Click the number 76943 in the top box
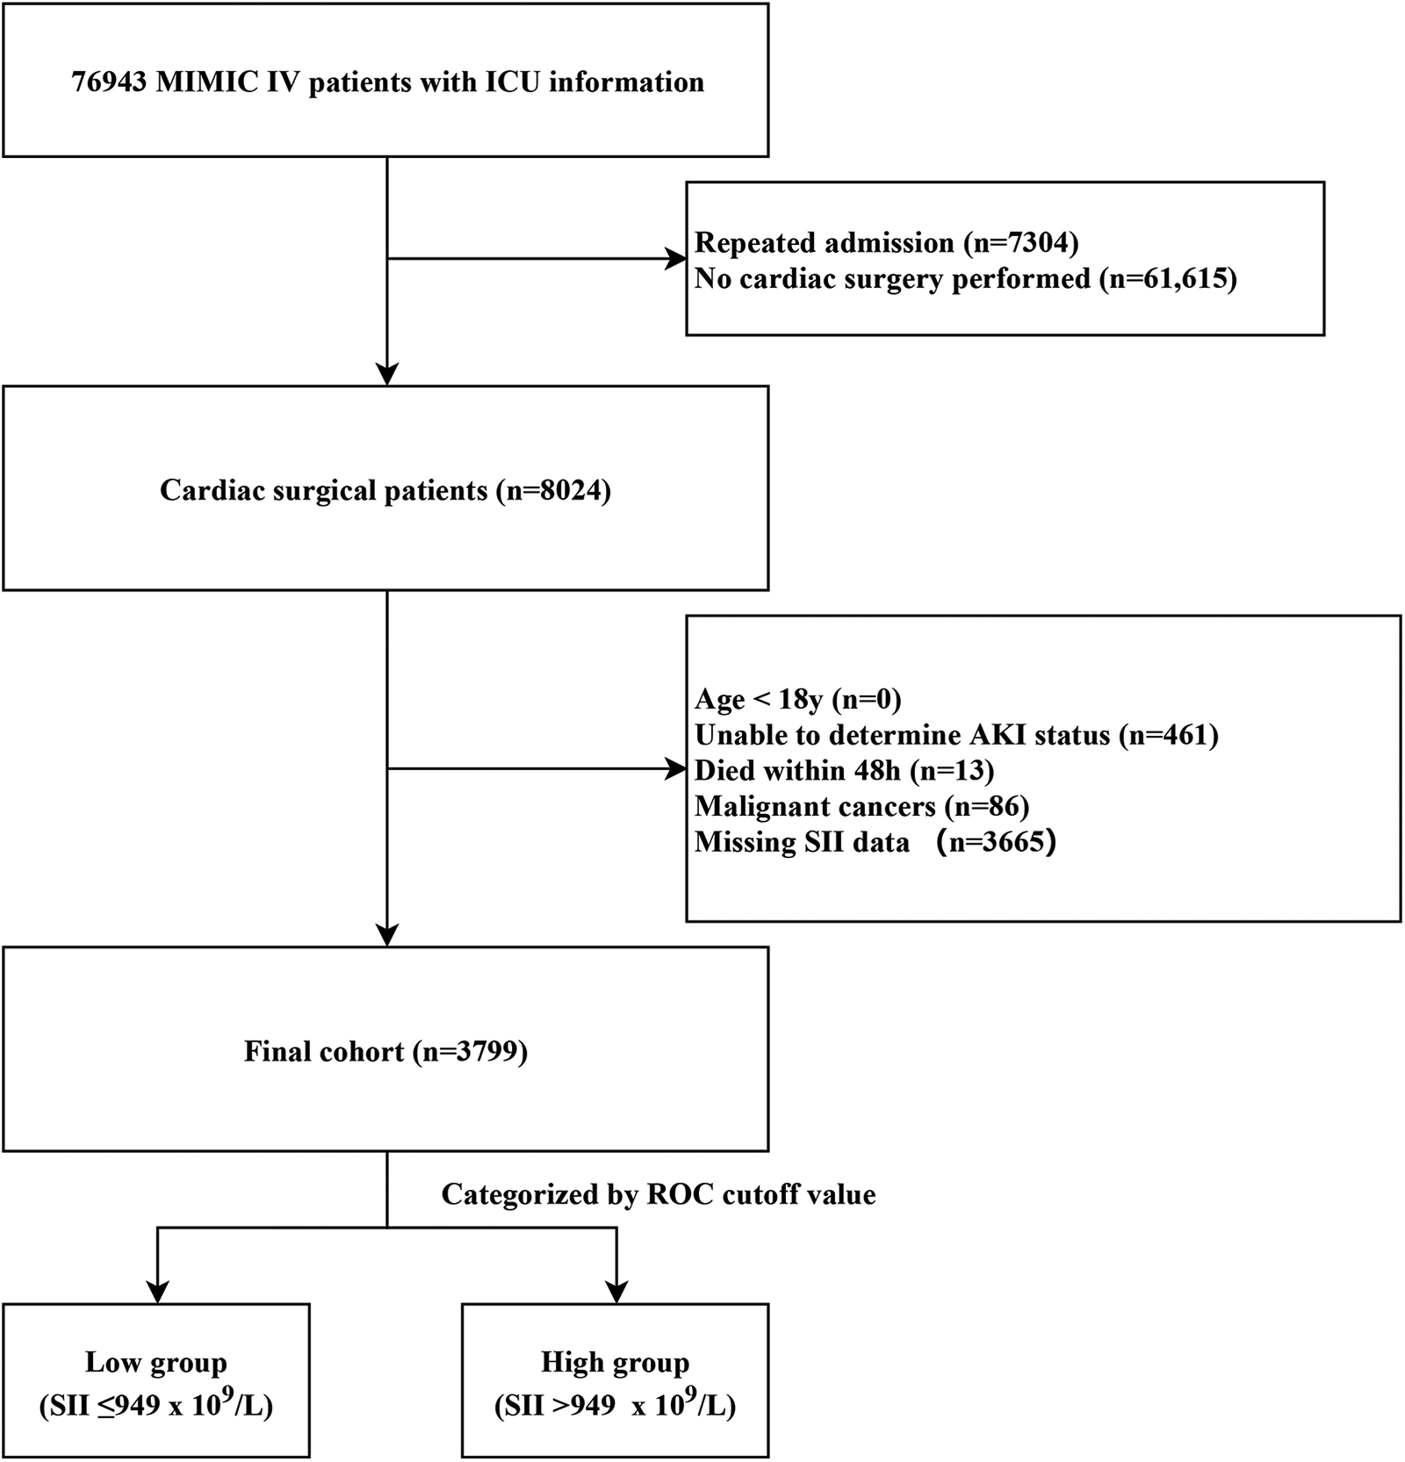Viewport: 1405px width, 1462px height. click(x=109, y=83)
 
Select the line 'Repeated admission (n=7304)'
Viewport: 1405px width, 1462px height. click(x=886, y=242)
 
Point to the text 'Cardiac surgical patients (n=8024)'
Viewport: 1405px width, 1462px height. click(x=385, y=490)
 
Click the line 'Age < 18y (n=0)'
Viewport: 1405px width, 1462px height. click(x=797, y=699)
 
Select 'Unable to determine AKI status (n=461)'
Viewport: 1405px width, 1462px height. click(x=956, y=734)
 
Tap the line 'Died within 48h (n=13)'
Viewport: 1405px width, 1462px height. click(x=844, y=770)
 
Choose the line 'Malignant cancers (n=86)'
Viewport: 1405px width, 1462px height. click(x=861, y=806)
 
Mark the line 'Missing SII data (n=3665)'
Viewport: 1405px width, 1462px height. click(x=875, y=842)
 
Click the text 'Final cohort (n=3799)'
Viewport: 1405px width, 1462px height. click(x=385, y=1051)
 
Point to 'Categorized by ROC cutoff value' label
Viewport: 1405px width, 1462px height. click(x=658, y=1194)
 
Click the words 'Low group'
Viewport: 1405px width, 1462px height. click(x=156, y=1362)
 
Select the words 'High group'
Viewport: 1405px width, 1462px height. click(x=615, y=1362)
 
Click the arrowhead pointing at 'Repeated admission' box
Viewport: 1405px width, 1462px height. click(x=676, y=259)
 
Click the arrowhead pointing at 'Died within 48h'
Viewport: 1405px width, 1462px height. click(x=676, y=770)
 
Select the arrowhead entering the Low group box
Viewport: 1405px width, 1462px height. click(x=157, y=1292)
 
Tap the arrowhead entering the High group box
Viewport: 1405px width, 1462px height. click(x=616, y=1292)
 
